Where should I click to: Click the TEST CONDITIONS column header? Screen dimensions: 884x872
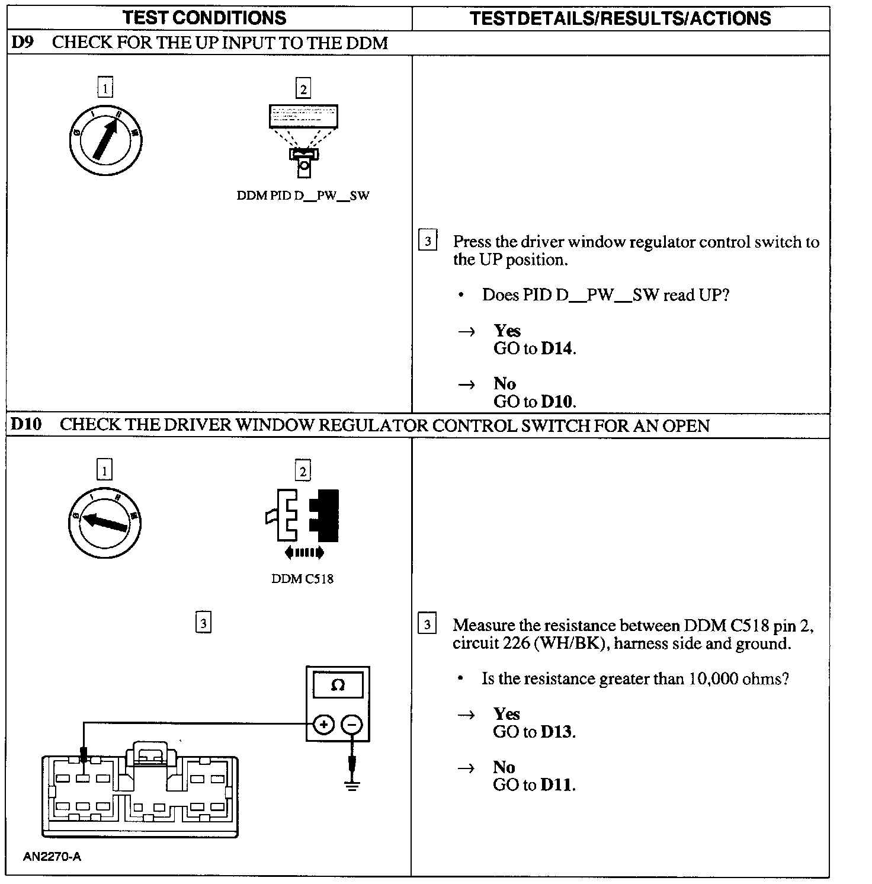click(204, 17)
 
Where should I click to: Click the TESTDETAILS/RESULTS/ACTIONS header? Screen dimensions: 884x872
click(620, 18)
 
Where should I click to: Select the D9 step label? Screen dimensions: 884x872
click(22, 43)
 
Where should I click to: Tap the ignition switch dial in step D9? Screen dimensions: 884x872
click(105, 140)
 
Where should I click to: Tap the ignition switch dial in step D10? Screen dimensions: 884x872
click(105, 522)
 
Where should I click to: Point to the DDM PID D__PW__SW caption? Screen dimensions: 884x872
click(303, 196)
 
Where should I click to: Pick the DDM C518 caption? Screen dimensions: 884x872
click(302, 579)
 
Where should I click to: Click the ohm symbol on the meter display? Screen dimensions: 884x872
click(338, 686)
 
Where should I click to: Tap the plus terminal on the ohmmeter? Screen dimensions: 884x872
click(323, 724)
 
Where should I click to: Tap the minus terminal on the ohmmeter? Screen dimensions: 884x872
click(352, 724)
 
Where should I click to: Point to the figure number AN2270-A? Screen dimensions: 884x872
click(52, 857)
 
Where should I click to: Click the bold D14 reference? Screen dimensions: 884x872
click(557, 348)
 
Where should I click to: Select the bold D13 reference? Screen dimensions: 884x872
click(557, 732)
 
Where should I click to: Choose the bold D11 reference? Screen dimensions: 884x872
click(557, 785)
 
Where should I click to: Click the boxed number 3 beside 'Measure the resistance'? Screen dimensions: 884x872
click(427, 624)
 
